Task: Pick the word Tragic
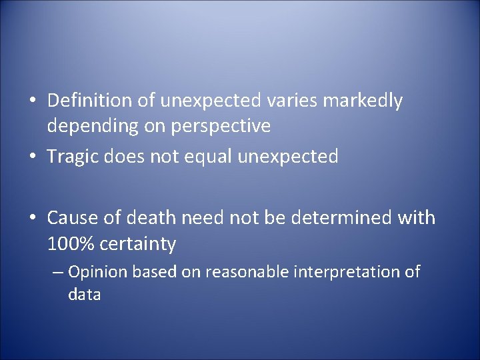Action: (74, 157)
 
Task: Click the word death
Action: (145, 218)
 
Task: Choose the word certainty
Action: (138, 245)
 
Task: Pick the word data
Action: (84, 295)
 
